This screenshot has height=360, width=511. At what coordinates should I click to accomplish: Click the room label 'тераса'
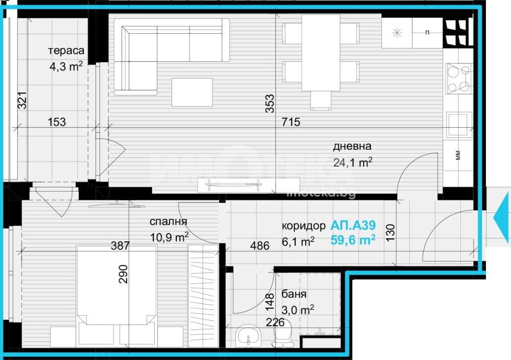tap(66, 51)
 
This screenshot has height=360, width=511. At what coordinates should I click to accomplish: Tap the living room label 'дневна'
tap(352, 146)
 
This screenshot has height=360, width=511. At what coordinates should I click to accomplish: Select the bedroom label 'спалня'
tap(168, 222)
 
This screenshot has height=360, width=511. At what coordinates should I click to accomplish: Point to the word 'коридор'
tap(304, 226)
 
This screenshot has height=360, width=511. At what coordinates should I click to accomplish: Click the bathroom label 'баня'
tap(294, 294)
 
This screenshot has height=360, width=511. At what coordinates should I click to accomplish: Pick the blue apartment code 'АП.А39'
tap(353, 225)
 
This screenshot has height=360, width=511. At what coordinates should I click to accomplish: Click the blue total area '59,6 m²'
tap(353, 240)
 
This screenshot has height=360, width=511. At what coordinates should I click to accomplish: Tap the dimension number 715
tap(291, 122)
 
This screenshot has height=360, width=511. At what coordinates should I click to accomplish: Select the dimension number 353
tap(270, 104)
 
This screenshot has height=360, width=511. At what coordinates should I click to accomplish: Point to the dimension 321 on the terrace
tap(22, 100)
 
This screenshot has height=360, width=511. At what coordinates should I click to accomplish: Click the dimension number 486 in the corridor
tap(260, 245)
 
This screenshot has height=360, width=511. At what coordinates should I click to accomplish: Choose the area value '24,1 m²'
tap(353, 162)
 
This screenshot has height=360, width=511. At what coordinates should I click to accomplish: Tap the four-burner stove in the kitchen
tap(459, 78)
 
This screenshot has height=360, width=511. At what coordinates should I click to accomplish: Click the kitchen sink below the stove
tap(459, 125)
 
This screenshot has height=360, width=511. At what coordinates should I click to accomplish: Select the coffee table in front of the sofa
tap(192, 92)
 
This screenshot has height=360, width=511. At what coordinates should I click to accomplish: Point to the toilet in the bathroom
tap(283, 336)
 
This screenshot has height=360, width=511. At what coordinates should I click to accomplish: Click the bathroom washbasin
tap(248, 336)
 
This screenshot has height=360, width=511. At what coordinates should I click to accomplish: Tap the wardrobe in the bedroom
tap(203, 296)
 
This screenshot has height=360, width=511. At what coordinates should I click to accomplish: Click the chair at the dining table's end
tap(321, 100)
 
